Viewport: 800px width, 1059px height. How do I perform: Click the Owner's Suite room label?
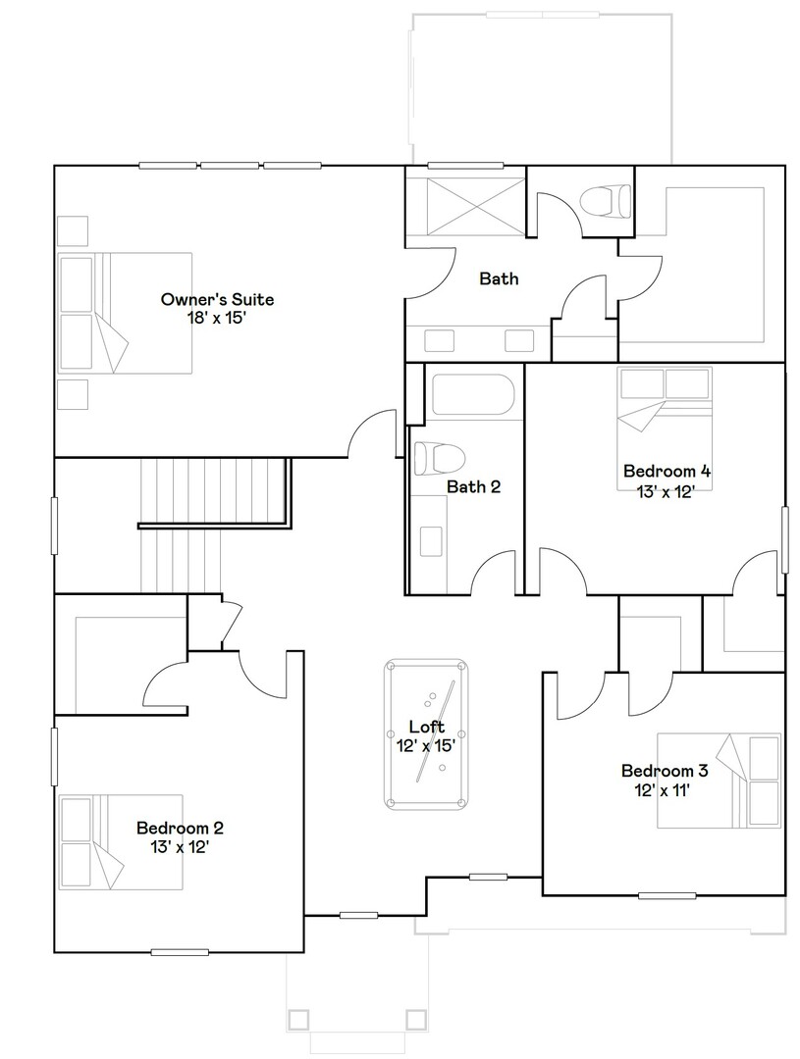(x=217, y=299)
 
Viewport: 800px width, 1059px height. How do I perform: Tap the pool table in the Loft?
(x=426, y=734)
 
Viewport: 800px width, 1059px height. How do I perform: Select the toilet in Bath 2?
(x=437, y=458)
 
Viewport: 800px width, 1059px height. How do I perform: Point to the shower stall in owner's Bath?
(x=465, y=207)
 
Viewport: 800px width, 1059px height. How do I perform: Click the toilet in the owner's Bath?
(x=604, y=200)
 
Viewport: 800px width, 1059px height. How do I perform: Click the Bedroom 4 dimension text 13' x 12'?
(x=667, y=492)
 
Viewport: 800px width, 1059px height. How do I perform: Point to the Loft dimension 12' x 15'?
(x=427, y=745)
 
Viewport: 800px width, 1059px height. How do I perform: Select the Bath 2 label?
(x=474, y=486)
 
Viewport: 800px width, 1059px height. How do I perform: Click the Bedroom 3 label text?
(x=665, y=771)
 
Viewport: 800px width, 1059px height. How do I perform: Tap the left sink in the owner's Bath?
(x=439, y=340)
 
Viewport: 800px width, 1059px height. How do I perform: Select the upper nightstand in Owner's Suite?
(x=73, y=229)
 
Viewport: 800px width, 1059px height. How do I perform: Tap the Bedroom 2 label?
(x=172, y=828)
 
